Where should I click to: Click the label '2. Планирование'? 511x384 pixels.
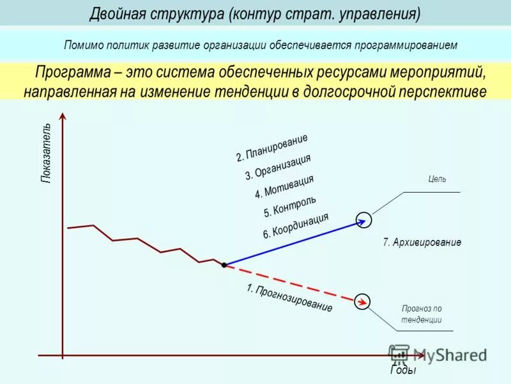tap(272, 148)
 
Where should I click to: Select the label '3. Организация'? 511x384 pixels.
tap(278, 167)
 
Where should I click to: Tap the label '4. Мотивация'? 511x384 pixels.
tap(284, 187)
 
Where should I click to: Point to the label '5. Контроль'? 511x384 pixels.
tap(290, 206)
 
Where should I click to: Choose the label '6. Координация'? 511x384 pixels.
tap(296, 226)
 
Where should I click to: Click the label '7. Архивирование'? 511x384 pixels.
tap(422, 243)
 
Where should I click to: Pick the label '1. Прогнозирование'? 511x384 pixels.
tap(289, 298)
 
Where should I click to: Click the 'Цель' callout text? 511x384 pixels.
tap(438, 179)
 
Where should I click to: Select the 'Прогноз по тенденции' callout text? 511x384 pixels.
tap(422, 314)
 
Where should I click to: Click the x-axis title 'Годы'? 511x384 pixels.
tap(403, 371)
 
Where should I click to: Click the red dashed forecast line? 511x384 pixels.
tap(291, 282)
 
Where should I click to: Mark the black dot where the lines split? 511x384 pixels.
tap(224, 264)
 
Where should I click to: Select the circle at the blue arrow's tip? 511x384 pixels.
tap(363, 219)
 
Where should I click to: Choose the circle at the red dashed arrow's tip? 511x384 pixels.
tap(362, 300)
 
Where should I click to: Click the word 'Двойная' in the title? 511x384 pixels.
tap(118, 13)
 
